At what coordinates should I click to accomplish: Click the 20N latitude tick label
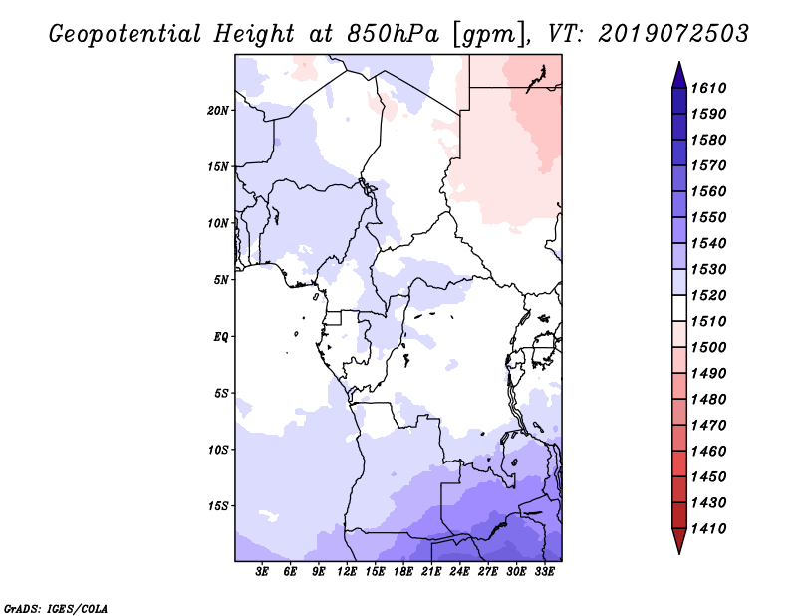218,111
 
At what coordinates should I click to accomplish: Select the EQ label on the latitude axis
221,337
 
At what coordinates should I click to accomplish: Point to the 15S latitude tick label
218,506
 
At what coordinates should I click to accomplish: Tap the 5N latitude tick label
221,280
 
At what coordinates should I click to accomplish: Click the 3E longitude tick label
262,572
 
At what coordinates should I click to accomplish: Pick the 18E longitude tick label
403,572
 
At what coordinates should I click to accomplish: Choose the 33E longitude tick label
544,572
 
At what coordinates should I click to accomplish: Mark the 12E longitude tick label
347,572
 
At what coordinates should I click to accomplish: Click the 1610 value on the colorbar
708,88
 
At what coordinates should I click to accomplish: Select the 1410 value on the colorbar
708,529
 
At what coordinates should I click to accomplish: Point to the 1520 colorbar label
708,295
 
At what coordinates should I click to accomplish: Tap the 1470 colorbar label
708,426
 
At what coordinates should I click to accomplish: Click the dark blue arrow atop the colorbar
679,76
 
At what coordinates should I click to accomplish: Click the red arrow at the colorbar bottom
679,540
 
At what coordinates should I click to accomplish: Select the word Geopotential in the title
126,35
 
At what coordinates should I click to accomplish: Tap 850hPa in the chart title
393,34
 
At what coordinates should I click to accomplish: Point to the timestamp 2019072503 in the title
673,34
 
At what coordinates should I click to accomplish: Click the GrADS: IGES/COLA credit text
56,609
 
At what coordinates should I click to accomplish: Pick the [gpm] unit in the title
491,35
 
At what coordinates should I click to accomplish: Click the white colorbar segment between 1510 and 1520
679,308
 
